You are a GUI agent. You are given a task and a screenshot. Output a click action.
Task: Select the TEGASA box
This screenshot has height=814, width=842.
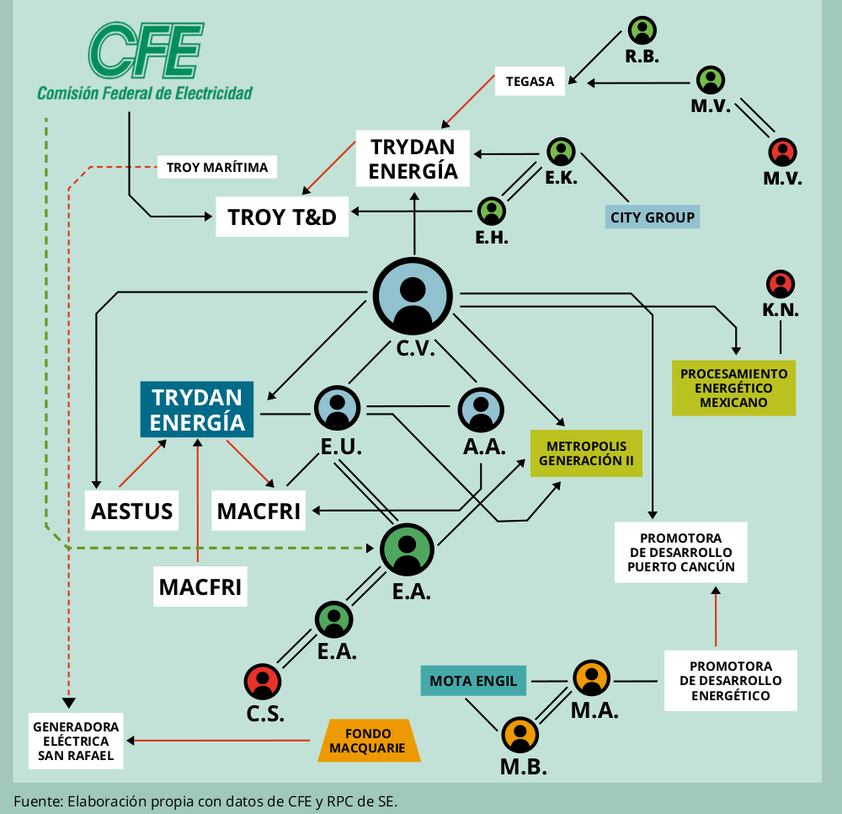[x=530, y=81]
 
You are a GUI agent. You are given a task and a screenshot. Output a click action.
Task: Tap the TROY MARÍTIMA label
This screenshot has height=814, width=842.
[x=217, y=167]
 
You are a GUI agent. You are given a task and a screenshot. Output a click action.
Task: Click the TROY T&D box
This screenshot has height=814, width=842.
[x=282, y=217]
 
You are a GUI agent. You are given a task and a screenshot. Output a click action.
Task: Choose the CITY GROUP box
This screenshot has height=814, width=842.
[x=653, y=217]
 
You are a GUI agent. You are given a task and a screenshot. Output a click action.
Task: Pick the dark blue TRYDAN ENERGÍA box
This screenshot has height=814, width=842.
[x=197, y=409]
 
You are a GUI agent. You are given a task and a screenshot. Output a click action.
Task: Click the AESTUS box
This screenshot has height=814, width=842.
[x=132, y=510]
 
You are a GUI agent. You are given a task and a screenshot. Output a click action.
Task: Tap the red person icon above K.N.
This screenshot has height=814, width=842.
[x=781, y=283]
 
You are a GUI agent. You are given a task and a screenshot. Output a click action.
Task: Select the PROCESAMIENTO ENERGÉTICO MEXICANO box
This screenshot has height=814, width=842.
[x=733, y=388]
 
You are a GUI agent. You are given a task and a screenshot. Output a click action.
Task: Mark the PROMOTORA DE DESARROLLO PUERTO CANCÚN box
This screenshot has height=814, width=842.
[x=681, y=553]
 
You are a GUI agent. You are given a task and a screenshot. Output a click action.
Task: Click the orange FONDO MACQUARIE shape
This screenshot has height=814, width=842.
[x=367, y=741]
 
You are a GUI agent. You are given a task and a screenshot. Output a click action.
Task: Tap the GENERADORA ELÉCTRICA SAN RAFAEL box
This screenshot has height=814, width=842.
[x=76, y=741]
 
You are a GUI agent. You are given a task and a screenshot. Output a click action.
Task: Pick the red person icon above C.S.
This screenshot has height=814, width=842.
[x=263, y=681]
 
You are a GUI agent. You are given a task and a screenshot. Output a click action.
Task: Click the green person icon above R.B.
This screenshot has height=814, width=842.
[x=642, y=30]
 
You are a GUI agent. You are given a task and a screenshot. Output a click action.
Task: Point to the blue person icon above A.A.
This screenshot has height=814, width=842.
[x=481, y=410]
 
